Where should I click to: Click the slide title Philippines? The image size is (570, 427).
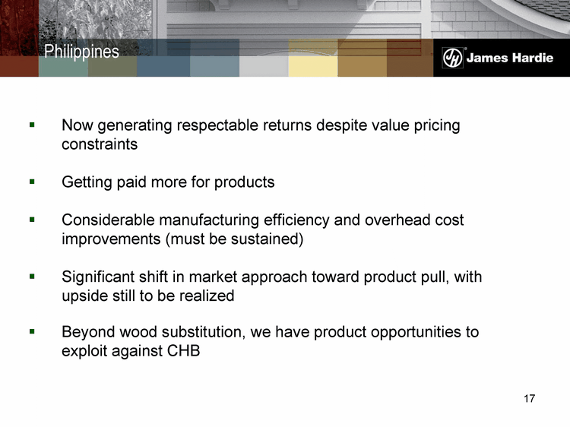(x=81, y=52)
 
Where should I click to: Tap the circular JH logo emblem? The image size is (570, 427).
(x=452, y=58)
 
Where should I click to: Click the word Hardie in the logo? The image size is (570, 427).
(x=532, y=58)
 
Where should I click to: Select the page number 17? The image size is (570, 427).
(x=529, y=399)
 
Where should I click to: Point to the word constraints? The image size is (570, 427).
(x=100, y=144)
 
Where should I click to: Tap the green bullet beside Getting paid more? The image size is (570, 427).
(x=32, y=182)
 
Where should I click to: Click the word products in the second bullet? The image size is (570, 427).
(x=244, y=182)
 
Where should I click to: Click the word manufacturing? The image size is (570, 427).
(x=209, y=220)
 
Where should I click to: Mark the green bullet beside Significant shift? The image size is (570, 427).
(x=32, y=277)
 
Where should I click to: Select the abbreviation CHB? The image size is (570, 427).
(x=183, y=351)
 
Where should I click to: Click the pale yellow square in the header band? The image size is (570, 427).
(x=313, y=66)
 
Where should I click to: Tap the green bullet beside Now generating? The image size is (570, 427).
(x=32, y=125)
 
